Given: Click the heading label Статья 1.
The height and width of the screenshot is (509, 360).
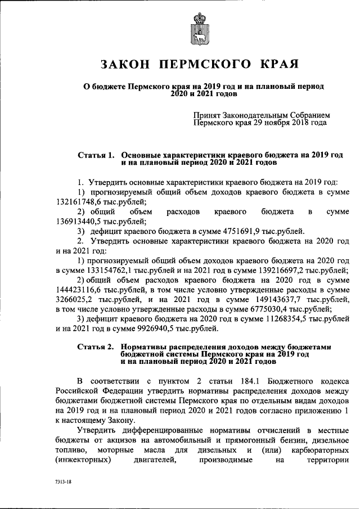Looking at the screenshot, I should [x=96, y=154].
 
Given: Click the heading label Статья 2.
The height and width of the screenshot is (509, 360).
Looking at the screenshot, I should [x=96, y=347].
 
